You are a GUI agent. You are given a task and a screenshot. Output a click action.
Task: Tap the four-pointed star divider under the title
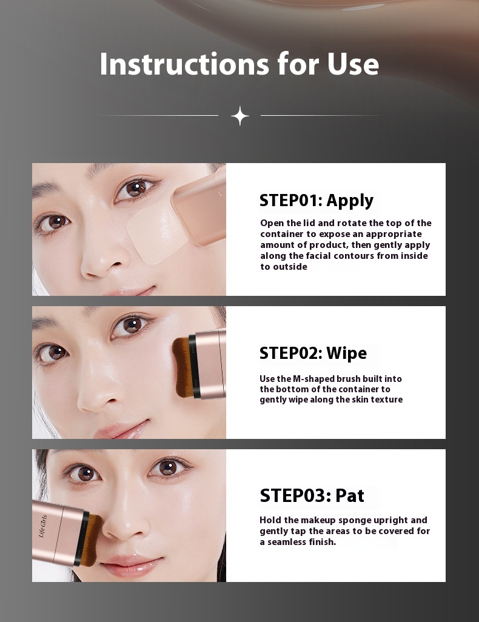(x=239, y=116)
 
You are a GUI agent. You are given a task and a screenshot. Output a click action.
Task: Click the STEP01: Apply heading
(x=317, y=201)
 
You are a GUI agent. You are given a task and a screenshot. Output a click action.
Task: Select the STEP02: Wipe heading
(x=313, y=353)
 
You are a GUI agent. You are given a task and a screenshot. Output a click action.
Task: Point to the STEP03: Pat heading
(x=312, y=495)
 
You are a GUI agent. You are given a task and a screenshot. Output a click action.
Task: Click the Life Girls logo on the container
(x=43, y=526)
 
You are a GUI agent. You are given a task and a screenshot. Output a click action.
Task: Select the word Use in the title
(x=353, y=64)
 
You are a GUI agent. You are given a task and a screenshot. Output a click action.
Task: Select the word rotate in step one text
(x=356, y=223)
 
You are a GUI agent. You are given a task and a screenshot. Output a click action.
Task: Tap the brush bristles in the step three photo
(x=93, y=540)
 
